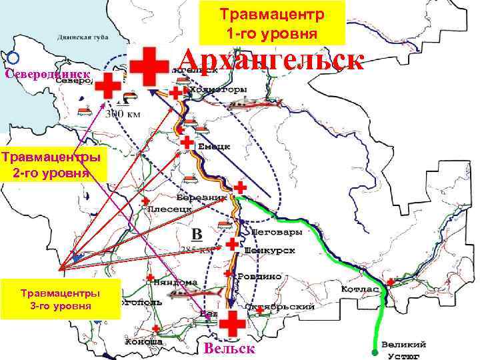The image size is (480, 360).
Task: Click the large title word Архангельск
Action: point(271,61)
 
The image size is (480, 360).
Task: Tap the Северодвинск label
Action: point(47,74)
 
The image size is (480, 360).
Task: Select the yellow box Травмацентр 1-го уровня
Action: point(272,23)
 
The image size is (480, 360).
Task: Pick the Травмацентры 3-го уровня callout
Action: point(61,299)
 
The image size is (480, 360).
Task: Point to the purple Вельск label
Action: point(229,349)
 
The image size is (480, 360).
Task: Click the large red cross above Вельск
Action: point(232,324)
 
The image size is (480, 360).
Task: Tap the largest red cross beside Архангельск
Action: point(149,66)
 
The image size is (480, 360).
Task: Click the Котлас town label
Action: point(360,290)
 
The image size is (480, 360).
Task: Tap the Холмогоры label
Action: point(218,89)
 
